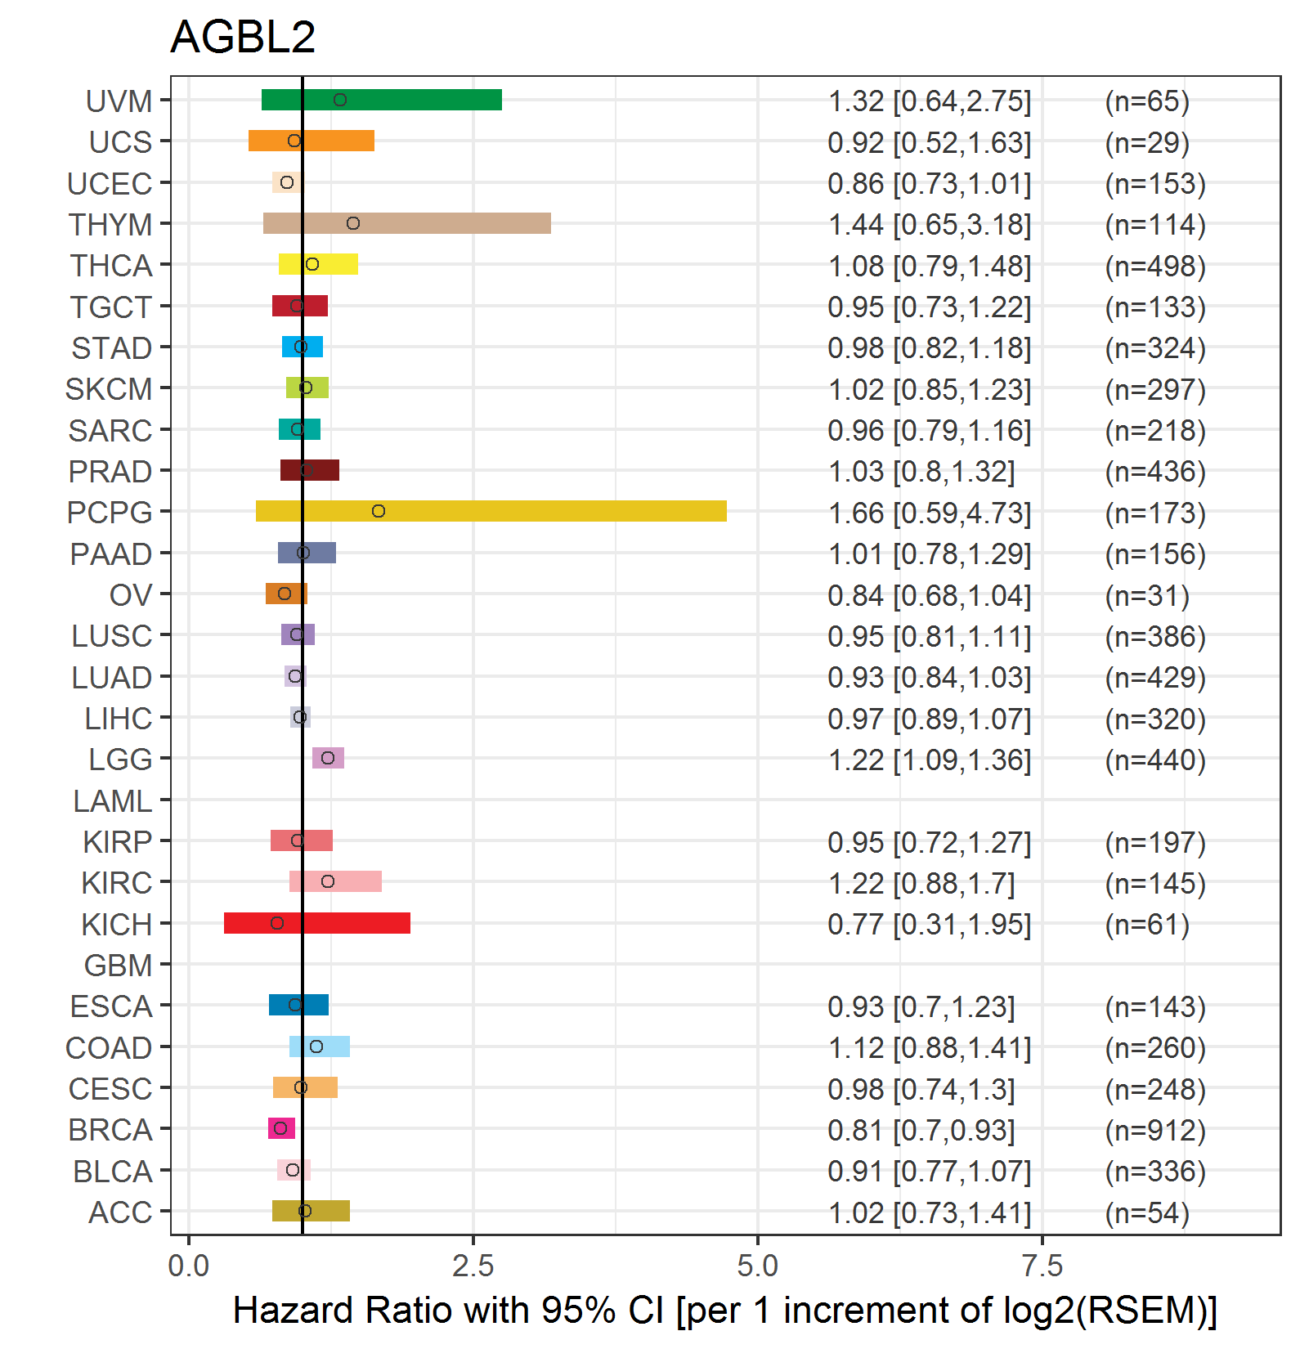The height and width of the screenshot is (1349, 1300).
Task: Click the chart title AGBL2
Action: point(243,37)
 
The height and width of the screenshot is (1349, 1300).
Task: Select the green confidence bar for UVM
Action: point(382,100)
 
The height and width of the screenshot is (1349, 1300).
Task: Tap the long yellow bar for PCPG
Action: point(491,511)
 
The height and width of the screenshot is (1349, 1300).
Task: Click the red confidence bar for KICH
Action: point(317,923)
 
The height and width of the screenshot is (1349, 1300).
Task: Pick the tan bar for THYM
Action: point(407,223)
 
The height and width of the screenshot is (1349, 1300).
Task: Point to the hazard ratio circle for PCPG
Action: point(379,511)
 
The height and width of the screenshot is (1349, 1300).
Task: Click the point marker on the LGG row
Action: point(328,758)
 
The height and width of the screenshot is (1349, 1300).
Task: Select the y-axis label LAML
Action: point(112,801)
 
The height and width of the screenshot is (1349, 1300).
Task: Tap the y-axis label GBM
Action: point(118,966)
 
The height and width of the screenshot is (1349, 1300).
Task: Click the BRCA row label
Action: point(110,1130)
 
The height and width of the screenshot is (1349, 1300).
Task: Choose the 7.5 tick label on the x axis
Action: point(1042,1266)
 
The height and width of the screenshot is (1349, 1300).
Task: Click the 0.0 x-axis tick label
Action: point(189,1266)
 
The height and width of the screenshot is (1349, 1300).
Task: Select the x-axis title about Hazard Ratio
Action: point(725,1310)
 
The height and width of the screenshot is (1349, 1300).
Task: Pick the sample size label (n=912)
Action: point(1155,1130)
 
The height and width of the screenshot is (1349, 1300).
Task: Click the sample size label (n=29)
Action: point(1147,142)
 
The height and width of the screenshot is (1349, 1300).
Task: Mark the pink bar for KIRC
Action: point(335,881)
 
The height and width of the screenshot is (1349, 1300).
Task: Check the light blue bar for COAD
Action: point(320,1046)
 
